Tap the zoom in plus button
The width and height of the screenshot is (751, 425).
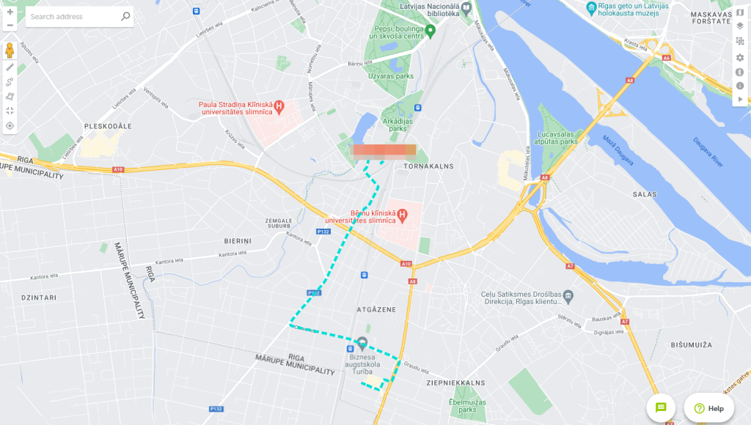tap(10, 12)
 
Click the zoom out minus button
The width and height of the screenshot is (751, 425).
tap(10, 26)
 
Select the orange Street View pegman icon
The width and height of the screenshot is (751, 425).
tap(10, 50)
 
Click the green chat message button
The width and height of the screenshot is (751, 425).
tap(661, 407)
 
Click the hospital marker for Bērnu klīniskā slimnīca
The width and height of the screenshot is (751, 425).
tap(402, 215)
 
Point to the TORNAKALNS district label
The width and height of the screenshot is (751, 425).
tap(429, 166)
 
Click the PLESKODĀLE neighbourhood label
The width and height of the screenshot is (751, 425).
tap(108, 126)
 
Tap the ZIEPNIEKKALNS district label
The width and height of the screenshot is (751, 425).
tap(455, 382)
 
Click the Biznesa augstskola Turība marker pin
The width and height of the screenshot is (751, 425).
tap(362, 343)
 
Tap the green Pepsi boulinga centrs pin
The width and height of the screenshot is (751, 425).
tap(431, 30)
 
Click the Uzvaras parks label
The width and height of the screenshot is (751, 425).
tap(395, 76)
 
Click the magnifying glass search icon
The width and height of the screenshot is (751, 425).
tap(125, 16)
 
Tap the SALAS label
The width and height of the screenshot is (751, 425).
tap(645, 194)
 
